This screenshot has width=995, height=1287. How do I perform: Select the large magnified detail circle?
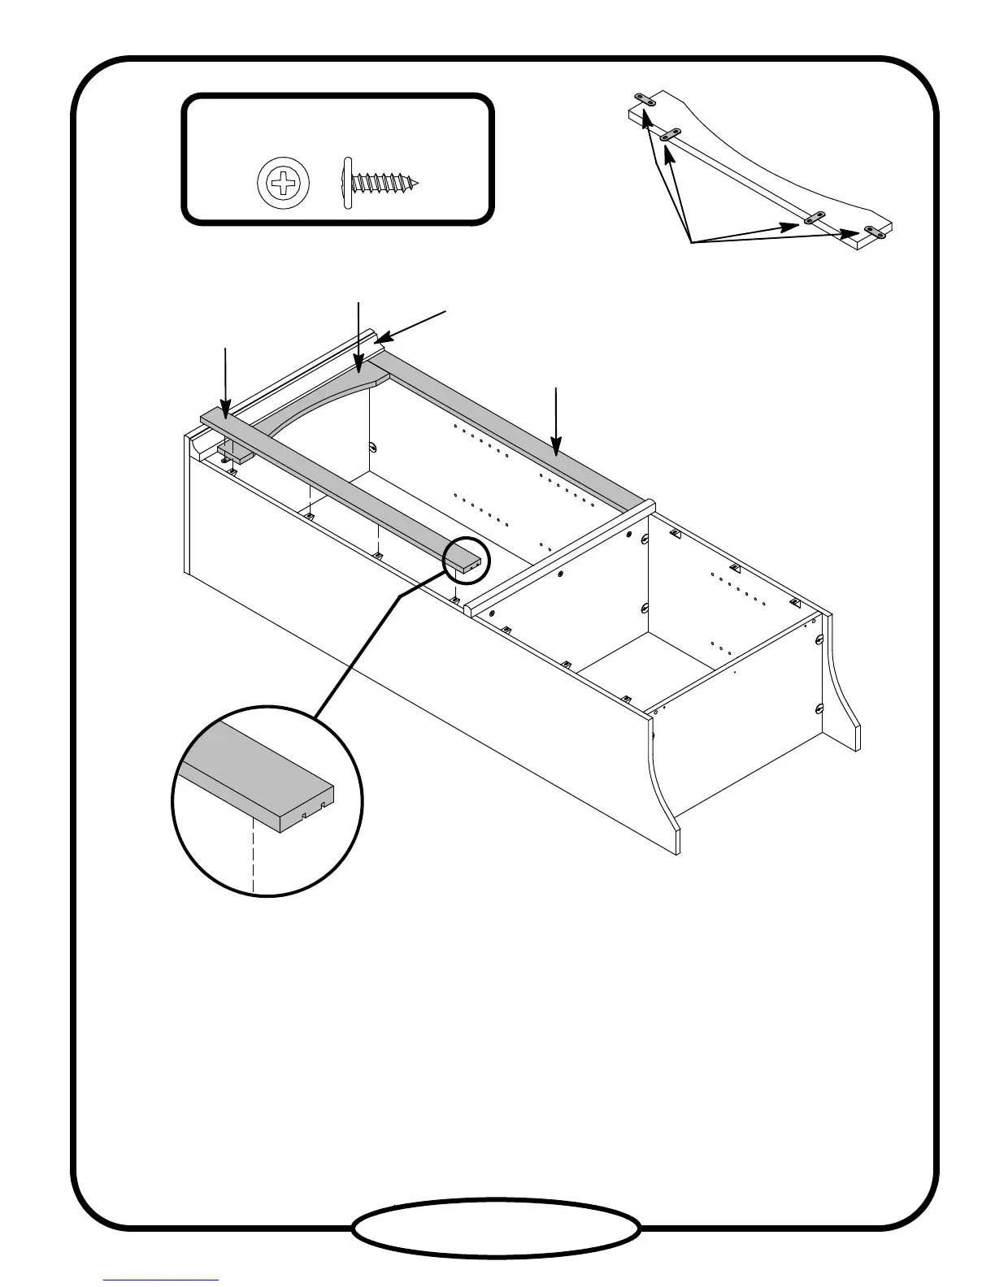pos(267,800)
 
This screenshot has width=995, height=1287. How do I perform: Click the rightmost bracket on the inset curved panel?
pos(875,232)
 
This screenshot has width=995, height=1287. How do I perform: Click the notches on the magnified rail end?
pos(313,809)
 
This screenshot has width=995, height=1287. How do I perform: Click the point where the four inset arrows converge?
pos(690,241)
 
